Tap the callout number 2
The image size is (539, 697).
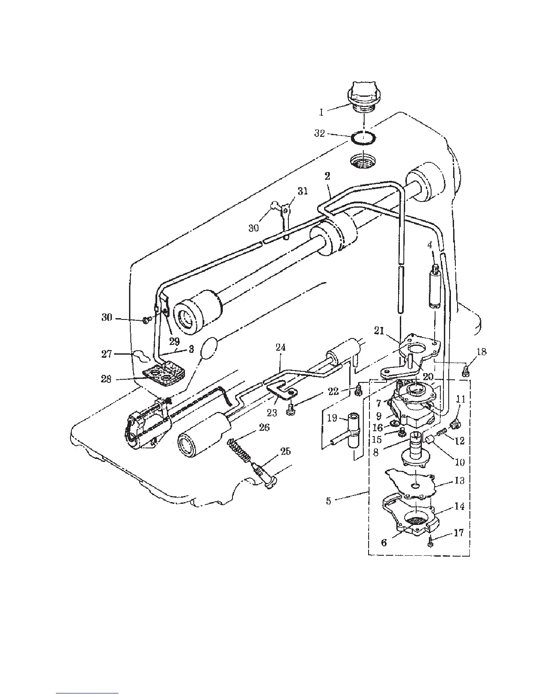(328, 176)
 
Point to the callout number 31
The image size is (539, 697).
(302, 191)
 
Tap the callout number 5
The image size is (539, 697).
(329, 500)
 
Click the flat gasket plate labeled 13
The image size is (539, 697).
(410, 484)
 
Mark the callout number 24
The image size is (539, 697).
(281, 348)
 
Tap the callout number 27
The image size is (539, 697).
(107, 353)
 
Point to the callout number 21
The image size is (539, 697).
(379, 330)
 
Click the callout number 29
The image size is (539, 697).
(174, 341)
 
